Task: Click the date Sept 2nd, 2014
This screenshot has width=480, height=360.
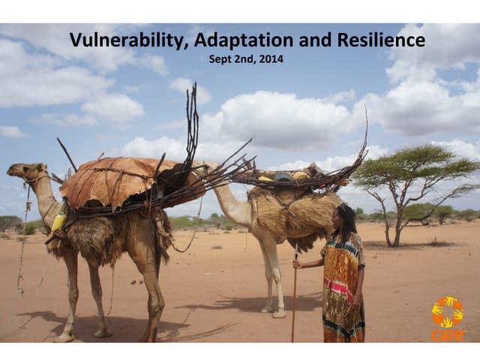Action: pos(246,58)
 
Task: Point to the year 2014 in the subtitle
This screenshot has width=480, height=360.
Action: pos(271,58)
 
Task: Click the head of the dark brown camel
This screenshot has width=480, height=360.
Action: pos(22,171)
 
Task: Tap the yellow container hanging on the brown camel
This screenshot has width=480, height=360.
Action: pos(58,222)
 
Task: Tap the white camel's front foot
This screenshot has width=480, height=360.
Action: pos(278,313)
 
